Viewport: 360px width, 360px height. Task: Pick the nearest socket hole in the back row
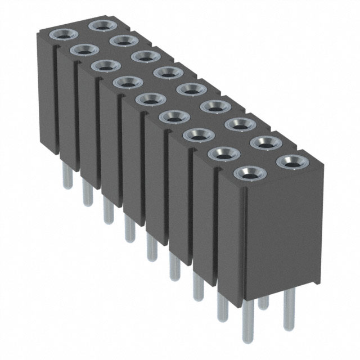pos(292,162)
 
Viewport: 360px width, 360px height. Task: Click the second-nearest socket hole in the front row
pos(223,152)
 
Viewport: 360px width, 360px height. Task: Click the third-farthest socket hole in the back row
pos(146,56)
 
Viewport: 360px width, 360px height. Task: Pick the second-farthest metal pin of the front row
pos(87,193)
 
